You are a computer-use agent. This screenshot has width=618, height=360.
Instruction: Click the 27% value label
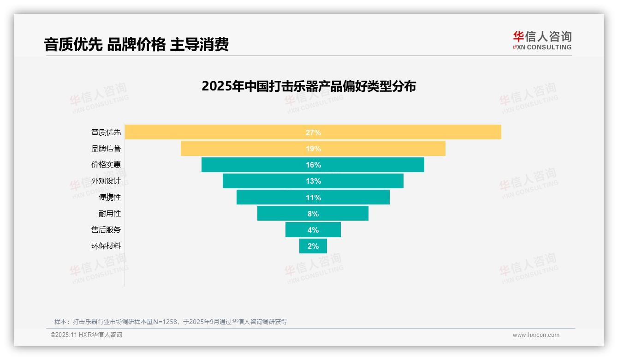[313, 132]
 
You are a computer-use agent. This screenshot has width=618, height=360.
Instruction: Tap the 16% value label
[313, 165]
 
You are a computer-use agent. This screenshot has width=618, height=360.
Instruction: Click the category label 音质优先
[106, 132]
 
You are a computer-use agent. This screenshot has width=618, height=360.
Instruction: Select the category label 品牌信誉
[106, 149]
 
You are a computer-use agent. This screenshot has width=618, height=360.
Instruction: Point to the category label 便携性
[110, 197]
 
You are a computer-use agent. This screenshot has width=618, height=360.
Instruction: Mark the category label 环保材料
[106, 246]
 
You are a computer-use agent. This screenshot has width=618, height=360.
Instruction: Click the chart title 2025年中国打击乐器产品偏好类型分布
[309, 86]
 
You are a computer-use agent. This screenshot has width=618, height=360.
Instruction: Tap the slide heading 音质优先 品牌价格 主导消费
[136, 45]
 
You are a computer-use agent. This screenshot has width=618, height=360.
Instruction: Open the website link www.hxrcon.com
[536, 335]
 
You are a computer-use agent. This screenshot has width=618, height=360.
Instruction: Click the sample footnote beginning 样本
[171, 322]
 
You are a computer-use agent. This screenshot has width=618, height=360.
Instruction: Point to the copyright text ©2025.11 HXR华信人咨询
[86, 335]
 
